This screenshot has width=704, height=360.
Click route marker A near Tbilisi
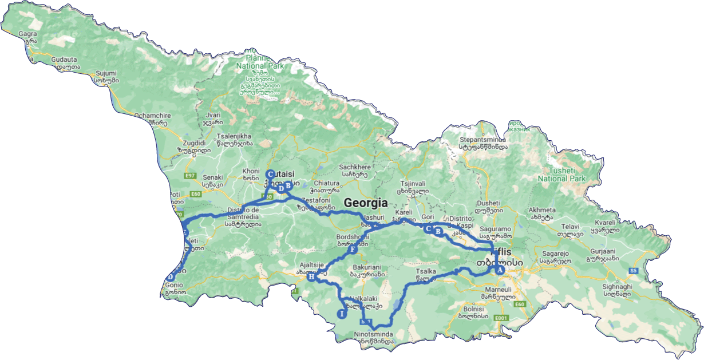[500, 270]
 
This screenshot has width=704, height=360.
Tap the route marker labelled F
[353, 250]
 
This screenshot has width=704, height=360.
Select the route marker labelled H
[311, 277]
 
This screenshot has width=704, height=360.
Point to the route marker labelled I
[342, 314]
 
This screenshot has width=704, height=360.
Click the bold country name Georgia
[366, 203]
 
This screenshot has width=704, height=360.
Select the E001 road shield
[501, 318]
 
